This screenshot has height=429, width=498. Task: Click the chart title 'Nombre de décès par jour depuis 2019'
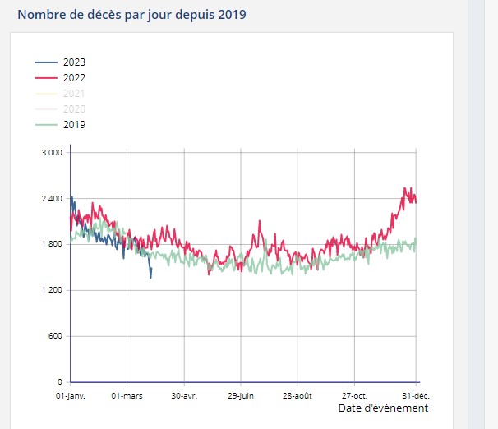[x=131, y=15]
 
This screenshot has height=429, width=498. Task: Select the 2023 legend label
[x=74, y=62]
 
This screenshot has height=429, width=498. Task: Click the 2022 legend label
[x=74, y=78]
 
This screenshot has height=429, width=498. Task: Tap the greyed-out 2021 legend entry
[x=74, y=94]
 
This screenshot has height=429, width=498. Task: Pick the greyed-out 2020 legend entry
[x=74, y=109]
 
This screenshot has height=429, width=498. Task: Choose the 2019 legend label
[x=74, y=125]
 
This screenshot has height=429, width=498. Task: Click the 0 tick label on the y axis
[x=60, y=383]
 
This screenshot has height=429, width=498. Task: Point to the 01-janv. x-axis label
[x=71, y=395]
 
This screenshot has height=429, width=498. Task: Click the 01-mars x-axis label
[x=127, y=395]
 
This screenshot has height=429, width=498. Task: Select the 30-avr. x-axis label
[x=184, y=395]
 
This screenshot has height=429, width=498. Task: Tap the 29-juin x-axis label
[x=241, y=395]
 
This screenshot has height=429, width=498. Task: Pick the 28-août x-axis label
[x=297, y=395]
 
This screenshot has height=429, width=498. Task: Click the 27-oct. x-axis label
[x=354, y=395]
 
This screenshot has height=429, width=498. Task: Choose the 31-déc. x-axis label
[x=416, y=395]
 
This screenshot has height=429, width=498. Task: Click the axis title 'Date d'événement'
[x=383, y=408]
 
